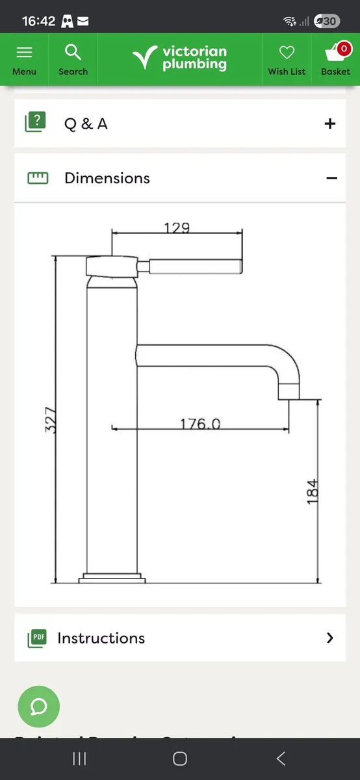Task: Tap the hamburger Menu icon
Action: [24, 52]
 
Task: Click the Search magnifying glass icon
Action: [73, 52]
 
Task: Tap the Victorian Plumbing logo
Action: [180, 58]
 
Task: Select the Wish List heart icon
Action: [287, 53]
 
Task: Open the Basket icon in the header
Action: [335, 52]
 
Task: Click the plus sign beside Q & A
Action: [330, 123]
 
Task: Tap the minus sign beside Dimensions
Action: [331, 178]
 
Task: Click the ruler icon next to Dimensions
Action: [38, 178]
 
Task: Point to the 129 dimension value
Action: [177, 227]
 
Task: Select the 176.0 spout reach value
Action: [200, 424]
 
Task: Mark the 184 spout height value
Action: [313, 491]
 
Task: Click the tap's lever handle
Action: [195, 266]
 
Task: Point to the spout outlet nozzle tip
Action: [289, 391]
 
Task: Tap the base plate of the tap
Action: [112, 577]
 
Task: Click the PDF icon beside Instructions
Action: [37, 638]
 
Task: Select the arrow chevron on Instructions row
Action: [330, 638]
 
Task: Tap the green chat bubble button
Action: [38, 706]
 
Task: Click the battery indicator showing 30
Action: [326, 21]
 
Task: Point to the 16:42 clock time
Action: [38, 21]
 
